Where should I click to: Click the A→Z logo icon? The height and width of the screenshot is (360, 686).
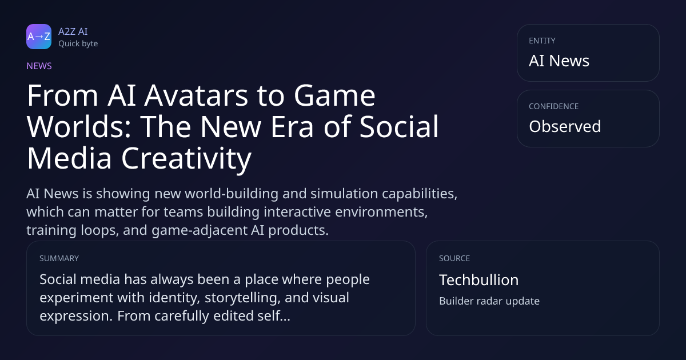click(39, 37)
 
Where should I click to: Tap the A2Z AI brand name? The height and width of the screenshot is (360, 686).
click(73, 31)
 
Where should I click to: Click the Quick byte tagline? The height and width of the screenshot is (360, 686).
click(78, 44)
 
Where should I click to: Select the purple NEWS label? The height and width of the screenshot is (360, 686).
click(39, 66)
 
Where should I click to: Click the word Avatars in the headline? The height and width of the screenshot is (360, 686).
click(196, 95)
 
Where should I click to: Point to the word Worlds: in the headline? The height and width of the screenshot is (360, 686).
click(79, 127)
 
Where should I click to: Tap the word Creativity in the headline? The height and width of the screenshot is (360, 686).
click(186, 159)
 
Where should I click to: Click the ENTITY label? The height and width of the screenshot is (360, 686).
click(542, 41)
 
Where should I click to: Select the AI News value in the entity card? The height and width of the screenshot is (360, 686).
click(559, 61)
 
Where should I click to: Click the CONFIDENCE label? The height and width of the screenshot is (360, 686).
click(554, 106)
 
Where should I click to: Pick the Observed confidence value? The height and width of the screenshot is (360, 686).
click(565, 126)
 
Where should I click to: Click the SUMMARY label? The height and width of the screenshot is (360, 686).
click(59, 258)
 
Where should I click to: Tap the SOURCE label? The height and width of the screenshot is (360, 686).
click(454, 258)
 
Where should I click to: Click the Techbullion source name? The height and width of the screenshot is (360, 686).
click(479, 280)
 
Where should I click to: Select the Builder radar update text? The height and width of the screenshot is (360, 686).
click(489, 301)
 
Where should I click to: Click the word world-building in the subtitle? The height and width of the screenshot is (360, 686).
click(232, 194)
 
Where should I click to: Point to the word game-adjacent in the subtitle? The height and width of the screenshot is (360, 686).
click(200, 230)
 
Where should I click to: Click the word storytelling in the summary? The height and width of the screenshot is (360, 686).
click(242, 298)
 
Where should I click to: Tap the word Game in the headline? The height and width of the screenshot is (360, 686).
click(334, 95)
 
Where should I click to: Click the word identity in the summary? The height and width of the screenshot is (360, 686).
click(174, 298)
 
